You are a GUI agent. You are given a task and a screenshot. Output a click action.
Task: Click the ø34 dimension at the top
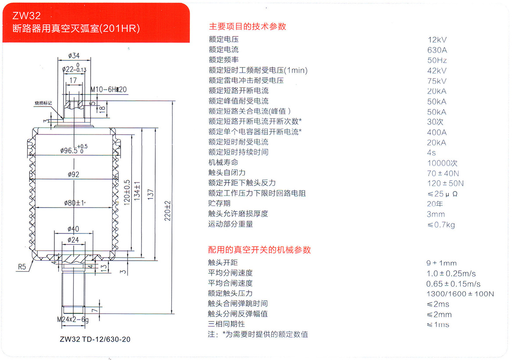(74, 56)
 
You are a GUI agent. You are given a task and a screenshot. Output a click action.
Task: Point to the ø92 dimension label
(74, 174)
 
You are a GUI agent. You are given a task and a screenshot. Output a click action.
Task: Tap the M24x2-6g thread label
(73, 320)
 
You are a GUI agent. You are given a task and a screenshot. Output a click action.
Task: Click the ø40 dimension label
(73, 229)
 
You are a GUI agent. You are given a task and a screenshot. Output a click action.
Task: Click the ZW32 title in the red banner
(27, 16)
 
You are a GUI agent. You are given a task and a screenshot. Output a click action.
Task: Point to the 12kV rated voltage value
(437, 40)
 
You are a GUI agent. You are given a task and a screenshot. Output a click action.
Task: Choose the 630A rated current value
(437, 50)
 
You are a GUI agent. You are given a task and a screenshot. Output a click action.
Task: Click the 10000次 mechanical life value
(442, 163)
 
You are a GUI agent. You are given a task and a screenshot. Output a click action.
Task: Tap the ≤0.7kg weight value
(441, 225)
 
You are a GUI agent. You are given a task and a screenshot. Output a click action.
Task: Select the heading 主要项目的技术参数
(247, 26)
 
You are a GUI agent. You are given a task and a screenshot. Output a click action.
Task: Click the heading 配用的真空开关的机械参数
(259, 250)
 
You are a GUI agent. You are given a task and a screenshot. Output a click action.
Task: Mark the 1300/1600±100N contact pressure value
(460, 294)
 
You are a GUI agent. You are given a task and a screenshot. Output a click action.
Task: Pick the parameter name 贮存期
(219, 203)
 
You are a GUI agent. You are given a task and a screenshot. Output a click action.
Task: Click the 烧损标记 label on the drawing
(43, 103)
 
